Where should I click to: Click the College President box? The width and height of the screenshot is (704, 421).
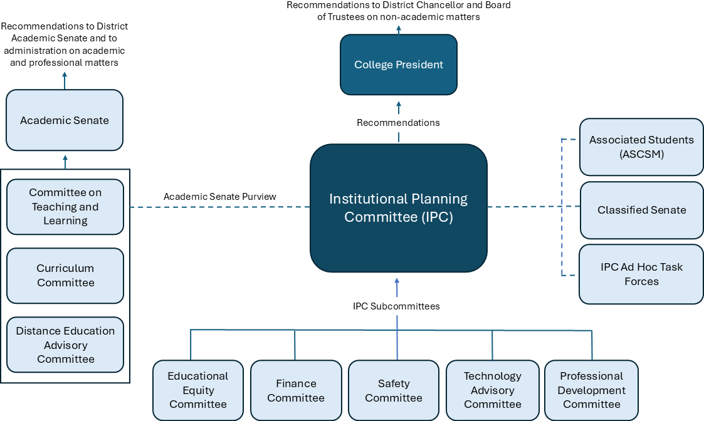[x=399, y=65]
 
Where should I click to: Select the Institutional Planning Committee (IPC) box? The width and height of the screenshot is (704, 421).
[x=399, y=208]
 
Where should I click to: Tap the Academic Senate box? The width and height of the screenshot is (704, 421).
[x=65, y=120]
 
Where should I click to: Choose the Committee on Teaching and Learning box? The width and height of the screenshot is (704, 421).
[x=65, y=207]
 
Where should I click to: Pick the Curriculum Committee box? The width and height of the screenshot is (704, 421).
[x=65, y=276]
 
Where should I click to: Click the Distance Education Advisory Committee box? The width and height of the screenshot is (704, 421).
[x=65, y=345]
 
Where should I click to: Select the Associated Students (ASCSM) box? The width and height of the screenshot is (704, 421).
[x=641, y=147]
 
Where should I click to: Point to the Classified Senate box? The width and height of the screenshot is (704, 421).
[x=641, y=210]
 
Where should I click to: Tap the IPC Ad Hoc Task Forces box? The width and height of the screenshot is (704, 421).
[x=641, y=274]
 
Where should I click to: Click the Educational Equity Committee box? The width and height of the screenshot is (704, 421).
[x=198, y=390]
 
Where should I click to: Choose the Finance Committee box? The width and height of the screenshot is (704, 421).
[x=296, y=390]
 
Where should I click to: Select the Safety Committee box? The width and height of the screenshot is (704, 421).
[x=394, y=390]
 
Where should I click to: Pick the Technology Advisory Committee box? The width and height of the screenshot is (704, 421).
[x=493, y=390]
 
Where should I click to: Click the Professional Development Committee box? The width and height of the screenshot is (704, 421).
[x=592, y=390]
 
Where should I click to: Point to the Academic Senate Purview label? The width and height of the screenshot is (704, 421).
[x=220, y=197]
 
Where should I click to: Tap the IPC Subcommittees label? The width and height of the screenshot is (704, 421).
[x=396, y=306]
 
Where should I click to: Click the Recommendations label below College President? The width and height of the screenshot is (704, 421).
[x=398, y=123]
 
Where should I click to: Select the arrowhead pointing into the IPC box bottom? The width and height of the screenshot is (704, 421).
[x=397, y=279]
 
